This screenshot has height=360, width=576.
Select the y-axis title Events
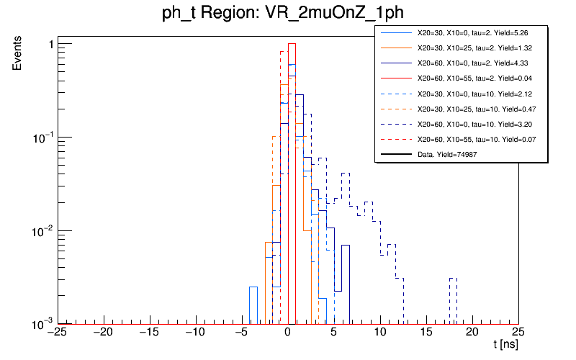pyautogui.click(x=22, y=62)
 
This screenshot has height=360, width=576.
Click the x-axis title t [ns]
pyautogui.click(x=505, y=346)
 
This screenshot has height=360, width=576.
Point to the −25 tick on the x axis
pyautogui.click(x=57, y=332)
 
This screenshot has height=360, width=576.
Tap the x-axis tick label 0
pyautogui.click(x=287, y=332)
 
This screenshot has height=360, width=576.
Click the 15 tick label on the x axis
pyautogui.click(x=426, y=332)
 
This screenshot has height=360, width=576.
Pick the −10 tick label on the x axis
pyautogui.click(x=195, y=332)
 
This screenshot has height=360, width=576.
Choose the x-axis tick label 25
pyautogui.click(x=518, y=332)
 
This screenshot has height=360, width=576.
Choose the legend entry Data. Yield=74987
pyautogui.click(x=447, y=155)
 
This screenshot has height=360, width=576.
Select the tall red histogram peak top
pyautogui.click(x=292, y=45)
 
